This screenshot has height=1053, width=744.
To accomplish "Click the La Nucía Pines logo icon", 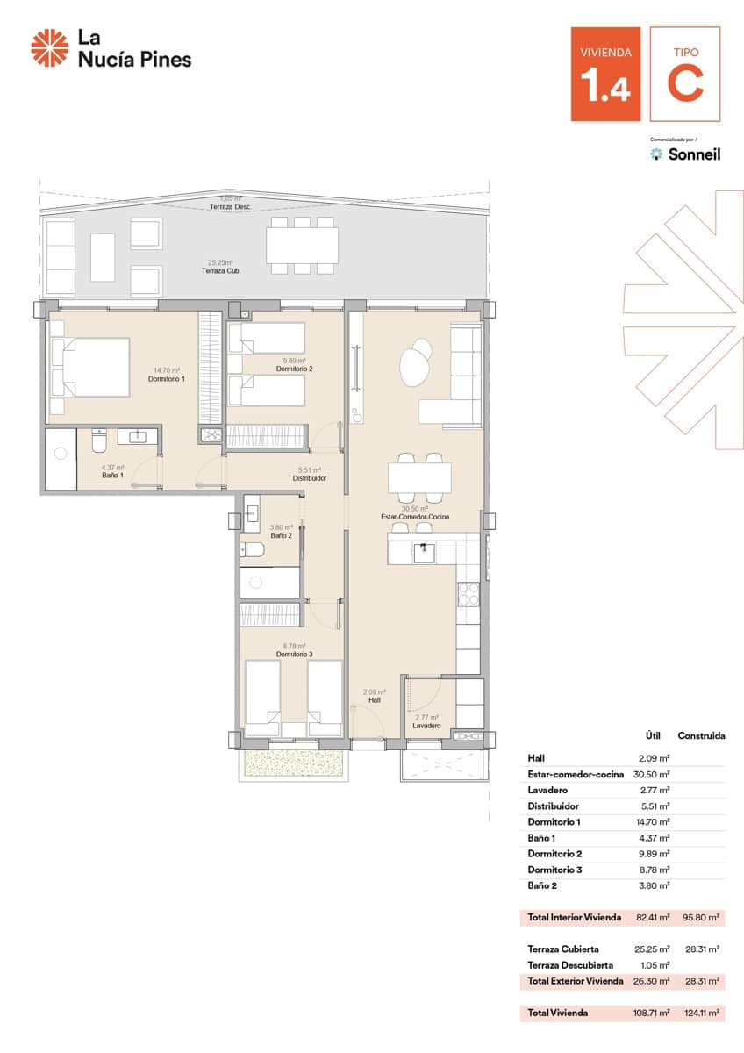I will (x=49, y=47).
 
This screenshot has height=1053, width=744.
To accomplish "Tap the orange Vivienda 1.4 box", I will (x=605, y=74).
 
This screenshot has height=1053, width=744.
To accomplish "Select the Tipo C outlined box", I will (x=685, y=74).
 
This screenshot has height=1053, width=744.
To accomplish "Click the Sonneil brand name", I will (x=694, y=154).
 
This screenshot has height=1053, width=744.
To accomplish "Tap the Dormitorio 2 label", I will (x=294, y=369).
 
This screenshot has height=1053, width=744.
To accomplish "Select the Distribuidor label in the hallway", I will (x=310, y=478).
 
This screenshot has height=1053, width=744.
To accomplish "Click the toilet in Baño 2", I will (x=254, y=550).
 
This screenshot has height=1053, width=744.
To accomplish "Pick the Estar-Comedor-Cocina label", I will (x=415, y=517).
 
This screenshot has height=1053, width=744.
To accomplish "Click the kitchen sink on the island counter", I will (x=425, y=551).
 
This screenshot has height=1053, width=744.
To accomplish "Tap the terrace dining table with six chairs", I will (x=302, y=244).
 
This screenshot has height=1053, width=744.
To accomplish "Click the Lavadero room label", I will (x=426, y=726).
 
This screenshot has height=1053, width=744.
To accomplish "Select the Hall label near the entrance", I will (x=375, y=700).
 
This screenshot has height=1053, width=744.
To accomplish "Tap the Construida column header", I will (x=701, y=735).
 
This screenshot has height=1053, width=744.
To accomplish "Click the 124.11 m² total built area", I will (x=703, y=1013).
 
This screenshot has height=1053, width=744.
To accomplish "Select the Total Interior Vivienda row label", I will (x=575, y=917).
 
